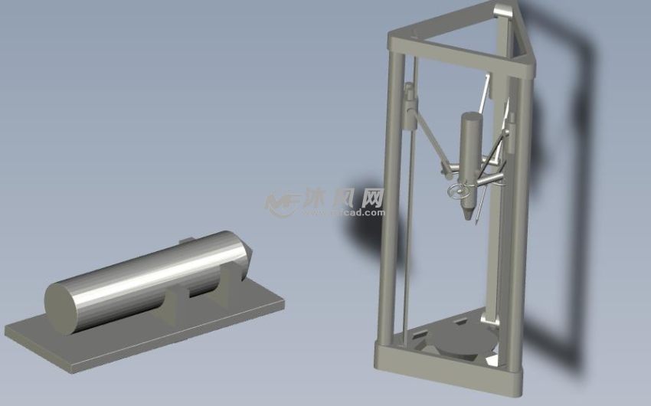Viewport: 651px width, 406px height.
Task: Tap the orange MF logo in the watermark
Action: [x=282, y=202]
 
